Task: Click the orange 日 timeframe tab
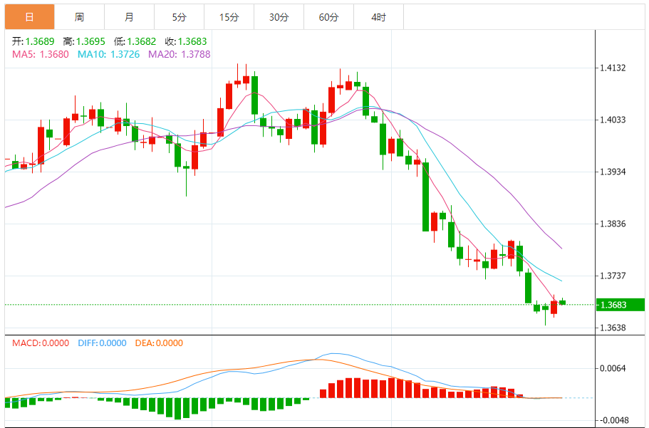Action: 29,17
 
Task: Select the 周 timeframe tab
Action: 79,17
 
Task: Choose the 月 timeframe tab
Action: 129,17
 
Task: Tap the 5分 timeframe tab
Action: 179,17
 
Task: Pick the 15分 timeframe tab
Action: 229,17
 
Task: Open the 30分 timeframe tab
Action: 279,17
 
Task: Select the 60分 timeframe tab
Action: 328,17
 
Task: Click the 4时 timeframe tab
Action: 378,17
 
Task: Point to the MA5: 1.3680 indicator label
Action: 41,54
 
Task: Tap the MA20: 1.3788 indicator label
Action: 179,54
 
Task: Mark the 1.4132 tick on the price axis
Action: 613,68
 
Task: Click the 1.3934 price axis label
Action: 613,172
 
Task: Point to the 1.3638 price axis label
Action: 613,328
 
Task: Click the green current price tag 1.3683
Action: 619,305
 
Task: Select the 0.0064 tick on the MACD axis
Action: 613,368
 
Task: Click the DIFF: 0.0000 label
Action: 102,343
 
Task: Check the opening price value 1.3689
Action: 39,41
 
